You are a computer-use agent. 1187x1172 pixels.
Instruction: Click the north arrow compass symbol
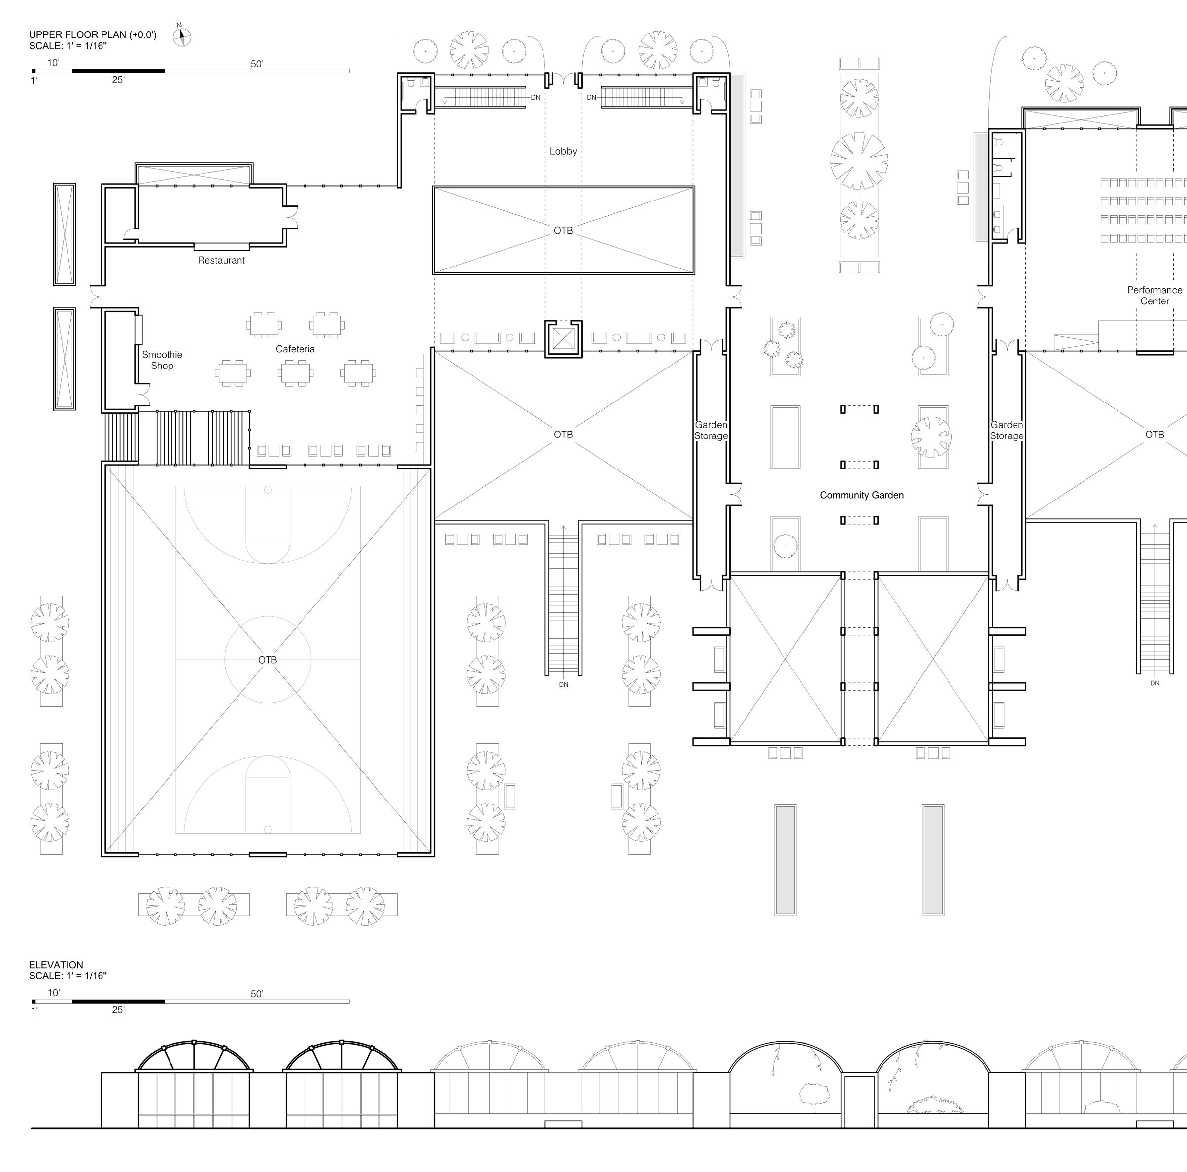click(x=182, y=37)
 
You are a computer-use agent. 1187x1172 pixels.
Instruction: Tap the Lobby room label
click(x=563, y=151)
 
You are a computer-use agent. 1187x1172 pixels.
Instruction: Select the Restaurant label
click(x=221, y=261)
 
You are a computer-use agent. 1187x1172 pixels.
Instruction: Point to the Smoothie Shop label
click(x=162, y=360)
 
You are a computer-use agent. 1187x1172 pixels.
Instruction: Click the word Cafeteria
click(x=295, y=349)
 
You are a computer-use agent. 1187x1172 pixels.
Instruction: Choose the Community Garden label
click(x=861, y=495)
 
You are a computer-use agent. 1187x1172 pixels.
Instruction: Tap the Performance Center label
click(x=1154, y=296)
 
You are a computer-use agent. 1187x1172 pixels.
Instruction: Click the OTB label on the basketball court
click(x=267, y=660)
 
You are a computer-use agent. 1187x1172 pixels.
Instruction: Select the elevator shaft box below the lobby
click(x=563, y=338)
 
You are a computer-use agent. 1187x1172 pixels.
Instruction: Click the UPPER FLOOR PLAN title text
click(x=93, y=35)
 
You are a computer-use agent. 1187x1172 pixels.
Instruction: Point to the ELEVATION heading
click(x=56, y=965)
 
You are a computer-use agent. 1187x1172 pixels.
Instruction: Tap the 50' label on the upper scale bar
click(x=257, y=64)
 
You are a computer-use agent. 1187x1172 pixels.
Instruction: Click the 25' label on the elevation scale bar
click(x=118, y=1010)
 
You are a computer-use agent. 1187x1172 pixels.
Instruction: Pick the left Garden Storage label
click(x=711, y=430)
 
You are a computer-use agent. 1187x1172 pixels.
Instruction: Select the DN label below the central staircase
click(x=563, y=684)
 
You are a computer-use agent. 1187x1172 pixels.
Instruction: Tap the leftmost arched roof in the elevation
click(x=194, y=1043)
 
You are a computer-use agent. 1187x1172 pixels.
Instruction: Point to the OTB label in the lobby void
click(x=563, y=231)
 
